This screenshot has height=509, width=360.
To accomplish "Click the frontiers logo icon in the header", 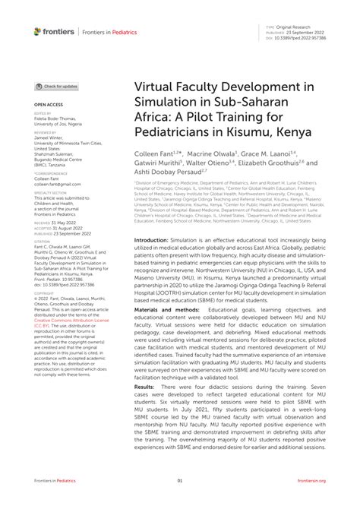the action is click(x=37, y=32).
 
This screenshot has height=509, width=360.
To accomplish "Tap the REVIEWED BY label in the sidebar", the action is click(x=46, y=133).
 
